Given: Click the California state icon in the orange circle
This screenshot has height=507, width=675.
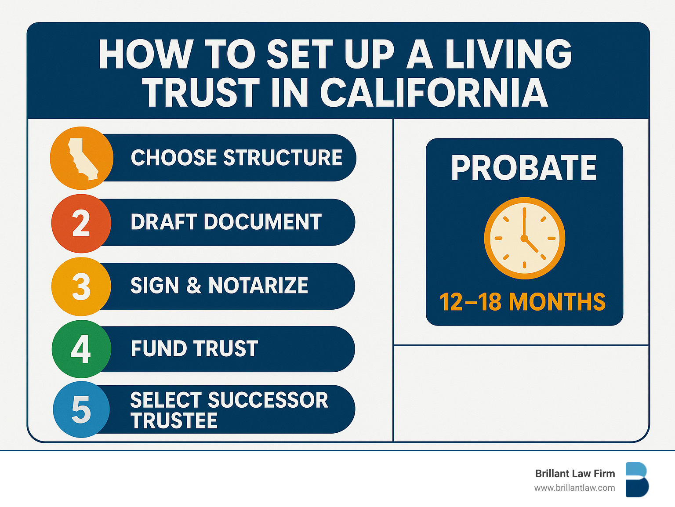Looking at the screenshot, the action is pyautogui.click(x=83, y=159).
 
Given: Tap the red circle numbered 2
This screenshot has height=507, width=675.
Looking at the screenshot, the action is pyautogui.click(x=81, y=224).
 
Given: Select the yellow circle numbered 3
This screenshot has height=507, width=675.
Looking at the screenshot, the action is pyautogui.click(x=81, y=286).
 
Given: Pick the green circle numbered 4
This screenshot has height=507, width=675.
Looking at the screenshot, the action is pyautogui.click(x=81, y=349).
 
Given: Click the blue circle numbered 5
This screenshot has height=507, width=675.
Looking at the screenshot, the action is pyautogui.click(x=81, y=409).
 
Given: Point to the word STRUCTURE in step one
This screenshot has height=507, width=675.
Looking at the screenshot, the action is pyautogui.click(x=283, y=157).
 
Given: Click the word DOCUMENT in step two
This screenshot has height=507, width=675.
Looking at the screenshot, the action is pyautogui.click(x=263, y=221).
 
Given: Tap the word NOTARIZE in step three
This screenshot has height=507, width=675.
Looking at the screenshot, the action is pyautogui.click(x=258, y=285).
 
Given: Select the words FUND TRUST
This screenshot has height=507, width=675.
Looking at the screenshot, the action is pyautogui.click(x=194, y=348).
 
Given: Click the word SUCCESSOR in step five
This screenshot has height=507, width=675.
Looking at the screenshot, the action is pyautogui.click(x=268, y=400).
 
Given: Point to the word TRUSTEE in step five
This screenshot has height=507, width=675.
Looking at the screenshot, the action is pyautogui.click(x=174, y=420).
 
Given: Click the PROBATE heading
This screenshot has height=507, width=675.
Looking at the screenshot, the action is pyautogui.click(x=524, y=167).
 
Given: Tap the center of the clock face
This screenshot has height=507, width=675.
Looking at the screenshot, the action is pyautogui.click(x=524, y=238).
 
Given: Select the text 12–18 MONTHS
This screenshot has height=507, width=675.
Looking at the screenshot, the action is pyautogui.click(x=523, y=302).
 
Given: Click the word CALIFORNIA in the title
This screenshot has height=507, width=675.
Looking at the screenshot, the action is pyautogui.click(x=434, y=92).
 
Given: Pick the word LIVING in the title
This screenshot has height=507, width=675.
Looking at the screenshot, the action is pyautogui.click(x=508, y=54).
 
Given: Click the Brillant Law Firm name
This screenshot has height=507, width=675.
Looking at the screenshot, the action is pyautogui.click(x=575, y=474).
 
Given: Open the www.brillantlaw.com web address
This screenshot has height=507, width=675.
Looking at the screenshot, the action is pyautogui.click(x=574, y=488).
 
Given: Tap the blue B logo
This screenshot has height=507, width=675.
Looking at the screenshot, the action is pyautogui.click(x=637, y=480).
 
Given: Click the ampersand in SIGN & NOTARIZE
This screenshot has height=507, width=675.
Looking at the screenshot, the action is pyautogui.click(x=194, y=285).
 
